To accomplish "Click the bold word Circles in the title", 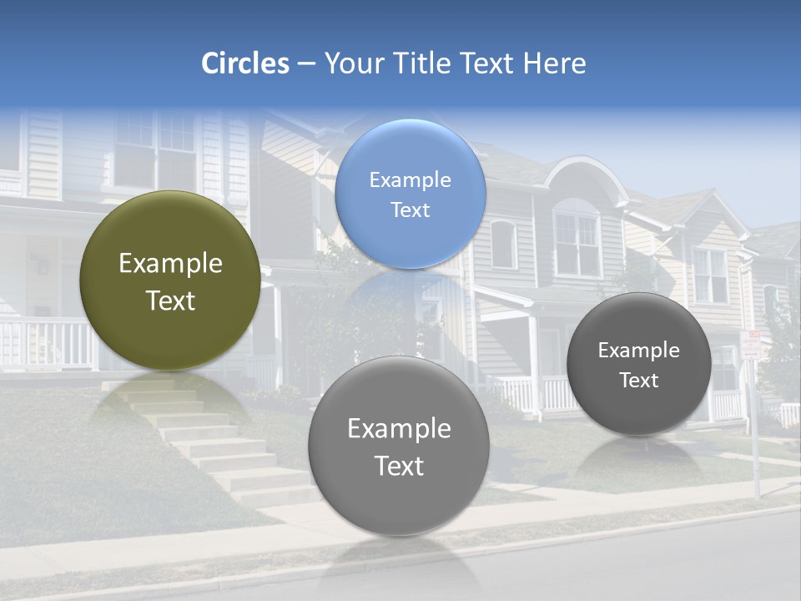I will click(244, 63).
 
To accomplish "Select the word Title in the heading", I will click(421, 63).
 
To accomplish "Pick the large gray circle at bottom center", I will click(398, 492).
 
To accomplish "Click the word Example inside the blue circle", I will click(410, 180).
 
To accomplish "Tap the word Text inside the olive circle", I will click(170, 301).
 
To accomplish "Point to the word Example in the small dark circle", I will click(638, 351).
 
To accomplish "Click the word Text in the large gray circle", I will click(399, 466).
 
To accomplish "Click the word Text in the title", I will click(490, 63).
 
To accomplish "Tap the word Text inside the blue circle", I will click(410, 210).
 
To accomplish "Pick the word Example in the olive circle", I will click(170, 264).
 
